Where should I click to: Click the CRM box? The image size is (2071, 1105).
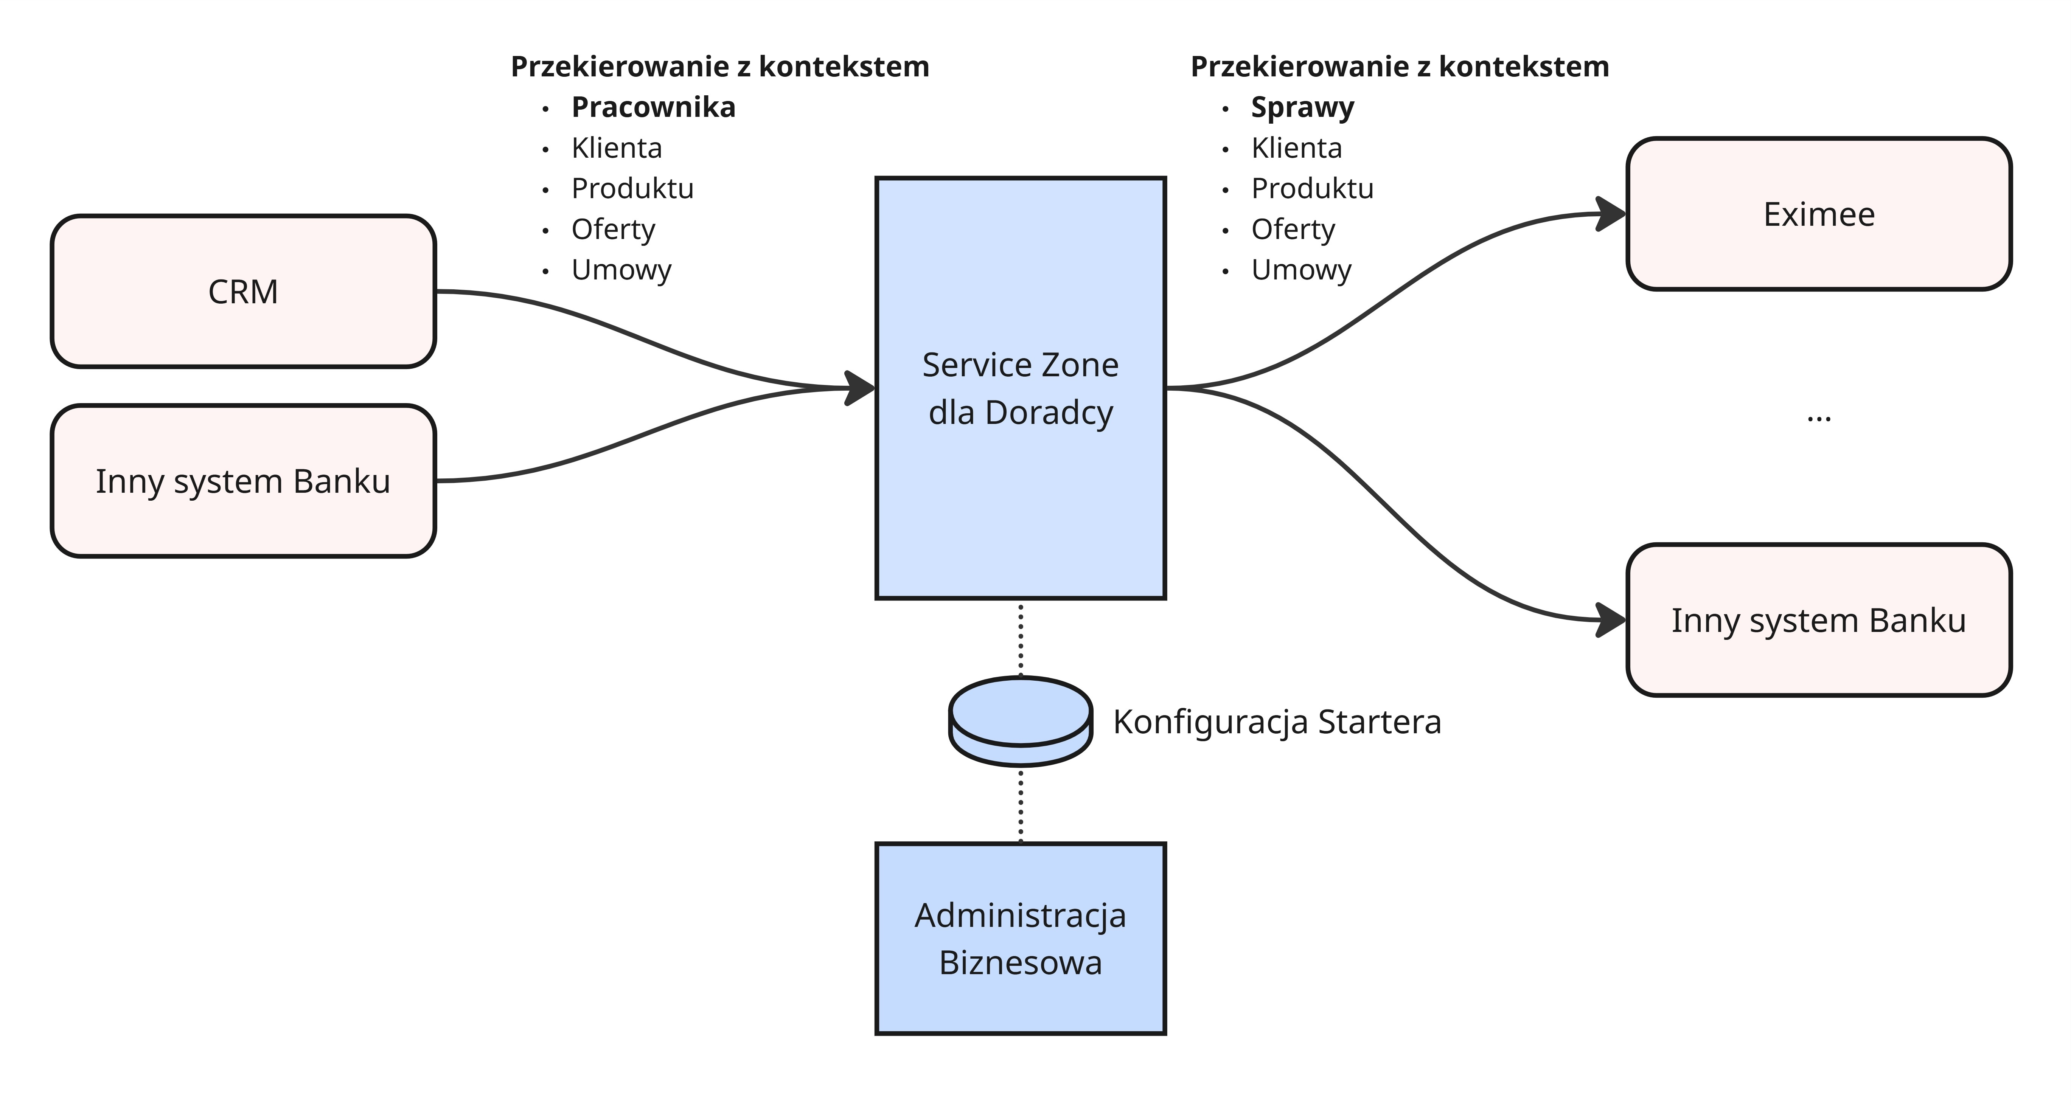pos(243,291)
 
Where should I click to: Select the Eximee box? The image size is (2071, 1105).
pos(1819,214)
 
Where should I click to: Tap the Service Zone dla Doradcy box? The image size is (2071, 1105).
pos(1020,388)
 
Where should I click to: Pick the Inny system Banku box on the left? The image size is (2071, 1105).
pos(243,481)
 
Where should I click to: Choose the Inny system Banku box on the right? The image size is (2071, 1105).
pos(1819,619)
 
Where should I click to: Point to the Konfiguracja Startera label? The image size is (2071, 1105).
pos(1277,722)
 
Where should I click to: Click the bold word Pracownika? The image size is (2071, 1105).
pos(653,107)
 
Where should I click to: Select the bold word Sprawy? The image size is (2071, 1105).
pos(1302,107)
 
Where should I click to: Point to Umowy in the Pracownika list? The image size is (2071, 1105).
pos(621,270)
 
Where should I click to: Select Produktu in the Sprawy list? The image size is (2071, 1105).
pos(1312,188)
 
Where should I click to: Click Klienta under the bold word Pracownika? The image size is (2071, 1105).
pos(617,148)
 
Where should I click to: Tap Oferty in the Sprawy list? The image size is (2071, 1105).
pos(1293,229)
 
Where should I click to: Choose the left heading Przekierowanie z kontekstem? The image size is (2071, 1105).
pos(719,66)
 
